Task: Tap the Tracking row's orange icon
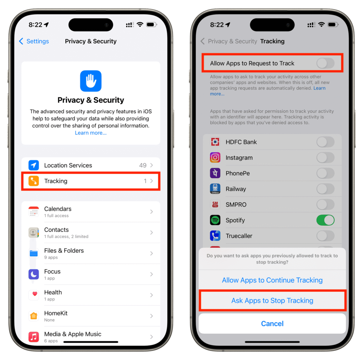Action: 34,181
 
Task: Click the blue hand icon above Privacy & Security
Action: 91,81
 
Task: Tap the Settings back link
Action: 34,41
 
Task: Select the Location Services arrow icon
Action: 34,165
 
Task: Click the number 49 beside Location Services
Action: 143,165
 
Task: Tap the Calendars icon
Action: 34,212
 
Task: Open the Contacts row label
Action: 56,230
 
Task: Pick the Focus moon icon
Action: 34,274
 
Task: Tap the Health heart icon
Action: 34,295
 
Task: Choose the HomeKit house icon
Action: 34,316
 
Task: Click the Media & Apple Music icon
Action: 34,337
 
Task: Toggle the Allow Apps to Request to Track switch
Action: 325,63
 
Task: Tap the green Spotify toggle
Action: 325,220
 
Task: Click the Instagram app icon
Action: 215,158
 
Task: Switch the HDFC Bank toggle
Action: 325,142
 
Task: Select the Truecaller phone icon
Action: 215,236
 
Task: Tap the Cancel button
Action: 272,324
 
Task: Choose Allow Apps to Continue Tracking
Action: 272,280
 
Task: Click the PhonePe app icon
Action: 215,173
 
